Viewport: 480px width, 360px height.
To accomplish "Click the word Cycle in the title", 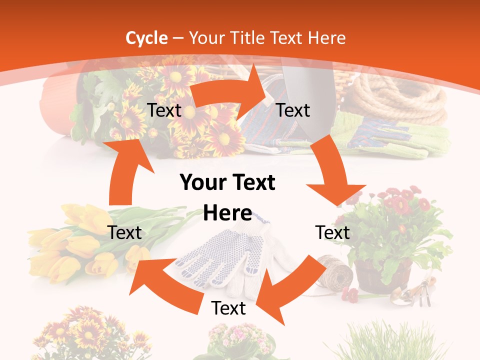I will click(x=146, y=38).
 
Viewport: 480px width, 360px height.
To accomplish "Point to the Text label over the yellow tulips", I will click(x=124, y=232).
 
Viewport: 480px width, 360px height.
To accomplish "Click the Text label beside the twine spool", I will click(x=332, y=232).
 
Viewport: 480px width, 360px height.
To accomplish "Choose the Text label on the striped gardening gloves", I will click(x=293, y=110).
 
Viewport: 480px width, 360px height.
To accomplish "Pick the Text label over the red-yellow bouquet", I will click(x=164, y=110).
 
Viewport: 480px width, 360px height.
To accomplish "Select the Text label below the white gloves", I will click(x=228, y=308).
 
